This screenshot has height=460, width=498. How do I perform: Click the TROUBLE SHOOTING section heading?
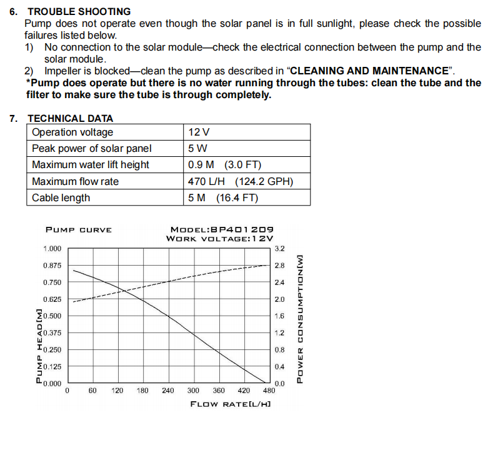(79, 11)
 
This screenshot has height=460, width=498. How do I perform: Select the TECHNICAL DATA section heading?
(70, 118)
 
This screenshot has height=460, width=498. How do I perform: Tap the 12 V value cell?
(198, 132)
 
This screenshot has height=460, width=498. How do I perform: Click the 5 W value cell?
(197, 148)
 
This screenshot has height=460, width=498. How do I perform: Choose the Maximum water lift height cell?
(91, 164)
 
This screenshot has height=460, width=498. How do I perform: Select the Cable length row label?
(61, 197)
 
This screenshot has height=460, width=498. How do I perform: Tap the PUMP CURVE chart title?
(79, 229)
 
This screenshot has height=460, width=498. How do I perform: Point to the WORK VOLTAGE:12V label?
(220, 238)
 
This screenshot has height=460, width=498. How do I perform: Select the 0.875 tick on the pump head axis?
(52, 266)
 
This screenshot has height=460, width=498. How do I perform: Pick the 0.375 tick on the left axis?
(52, 332)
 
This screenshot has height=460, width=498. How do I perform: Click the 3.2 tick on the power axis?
(279, 249)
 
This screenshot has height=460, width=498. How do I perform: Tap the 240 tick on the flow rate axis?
(168, 391)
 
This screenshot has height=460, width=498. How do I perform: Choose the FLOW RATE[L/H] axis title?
(230, 404)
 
